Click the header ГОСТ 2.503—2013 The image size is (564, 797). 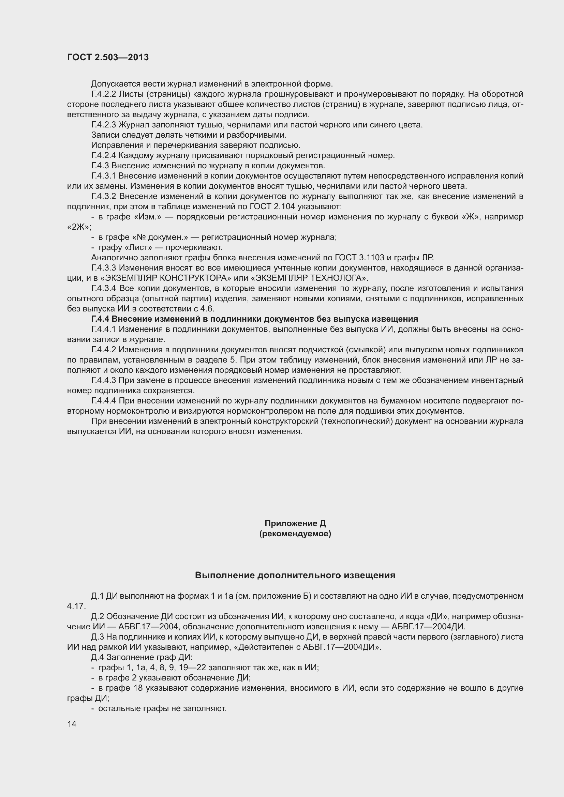[x=108, y=58]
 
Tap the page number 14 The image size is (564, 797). [x=72, y=724]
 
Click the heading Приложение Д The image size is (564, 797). [x=295, y=523]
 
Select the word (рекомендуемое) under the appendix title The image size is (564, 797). [x=295, y=534]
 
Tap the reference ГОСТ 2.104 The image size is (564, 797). [x=272, y=207]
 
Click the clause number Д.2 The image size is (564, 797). [x=98, y=616]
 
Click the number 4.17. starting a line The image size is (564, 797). [x=76, y=606]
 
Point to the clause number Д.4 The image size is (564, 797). [x=98, y=657]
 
